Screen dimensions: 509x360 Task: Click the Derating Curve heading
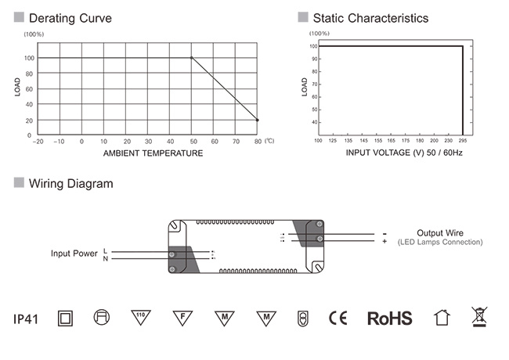point(70,18)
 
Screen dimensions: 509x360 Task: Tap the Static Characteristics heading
point(370,18)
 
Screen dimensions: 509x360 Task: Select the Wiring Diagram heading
point(70,184)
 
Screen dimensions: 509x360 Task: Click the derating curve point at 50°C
point(192,58)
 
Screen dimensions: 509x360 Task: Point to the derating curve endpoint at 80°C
point(258,120)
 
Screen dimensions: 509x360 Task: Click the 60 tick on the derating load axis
point(29,89)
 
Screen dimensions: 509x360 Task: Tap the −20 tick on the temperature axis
point(38,142)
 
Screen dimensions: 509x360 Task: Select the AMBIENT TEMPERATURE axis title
point(153,153)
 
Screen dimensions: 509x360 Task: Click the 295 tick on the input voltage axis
point(463,140)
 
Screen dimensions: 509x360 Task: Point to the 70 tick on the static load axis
point(314,85)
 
